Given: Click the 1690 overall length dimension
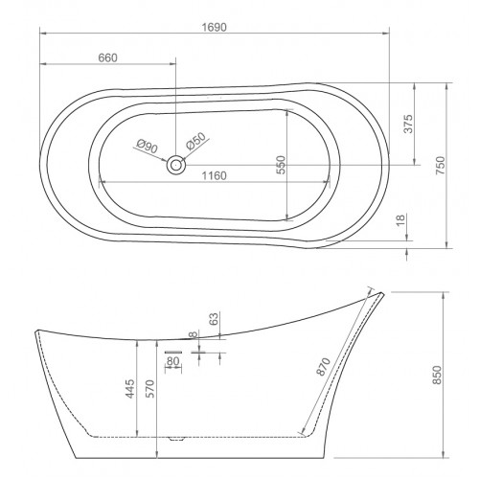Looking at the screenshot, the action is point(215,28).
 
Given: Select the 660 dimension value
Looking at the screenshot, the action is point(107,58).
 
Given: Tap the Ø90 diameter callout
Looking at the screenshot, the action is point(147,147).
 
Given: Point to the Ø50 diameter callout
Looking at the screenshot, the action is point(195,141).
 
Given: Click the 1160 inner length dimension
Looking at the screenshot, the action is point(215,175).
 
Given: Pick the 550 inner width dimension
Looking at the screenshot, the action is point(282,165).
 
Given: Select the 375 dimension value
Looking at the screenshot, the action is point(408,124).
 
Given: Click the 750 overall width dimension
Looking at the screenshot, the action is point(441,165).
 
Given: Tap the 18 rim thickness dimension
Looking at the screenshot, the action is point(400,220).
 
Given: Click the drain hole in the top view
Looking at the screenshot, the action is point(175,165).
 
